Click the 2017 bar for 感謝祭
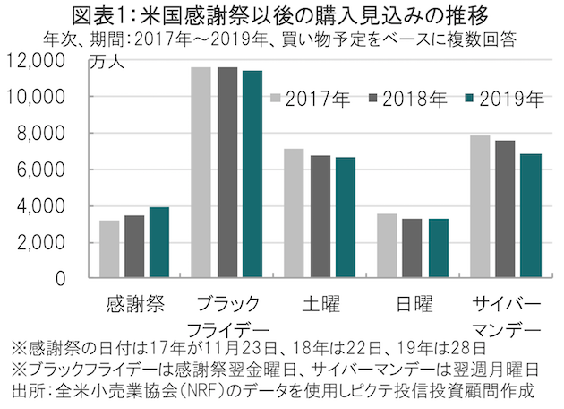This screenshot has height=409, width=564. [109, 249]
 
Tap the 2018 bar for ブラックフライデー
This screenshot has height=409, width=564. [227, 172]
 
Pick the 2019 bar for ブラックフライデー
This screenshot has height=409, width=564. [252, 174]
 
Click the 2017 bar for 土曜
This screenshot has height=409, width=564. [295, 213]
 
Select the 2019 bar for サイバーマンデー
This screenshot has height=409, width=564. [529, 215]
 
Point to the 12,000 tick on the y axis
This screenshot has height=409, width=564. [43, 61]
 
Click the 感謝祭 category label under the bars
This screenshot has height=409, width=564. [134, 301]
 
